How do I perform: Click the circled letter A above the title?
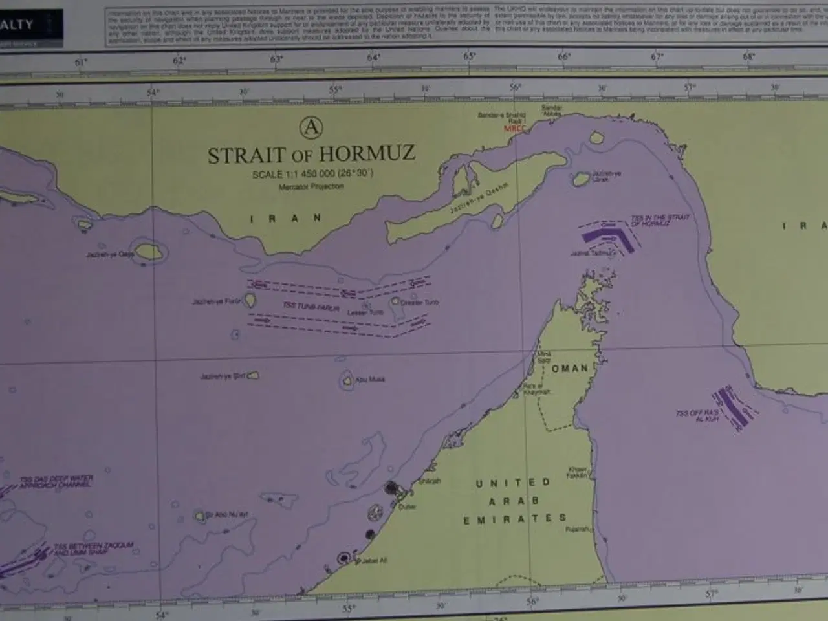[311, 127]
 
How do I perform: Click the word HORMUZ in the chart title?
[367, 155]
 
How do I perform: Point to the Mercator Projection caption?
[311, 186]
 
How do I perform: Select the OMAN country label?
[570, 368]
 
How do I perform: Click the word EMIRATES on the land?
[514, 519]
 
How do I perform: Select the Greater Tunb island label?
[420, 302]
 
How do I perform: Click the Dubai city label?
[407, 507]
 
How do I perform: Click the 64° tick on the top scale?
[373, 58]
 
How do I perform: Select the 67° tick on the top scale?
[657, 57]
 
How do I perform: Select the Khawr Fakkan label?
[578, 472]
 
